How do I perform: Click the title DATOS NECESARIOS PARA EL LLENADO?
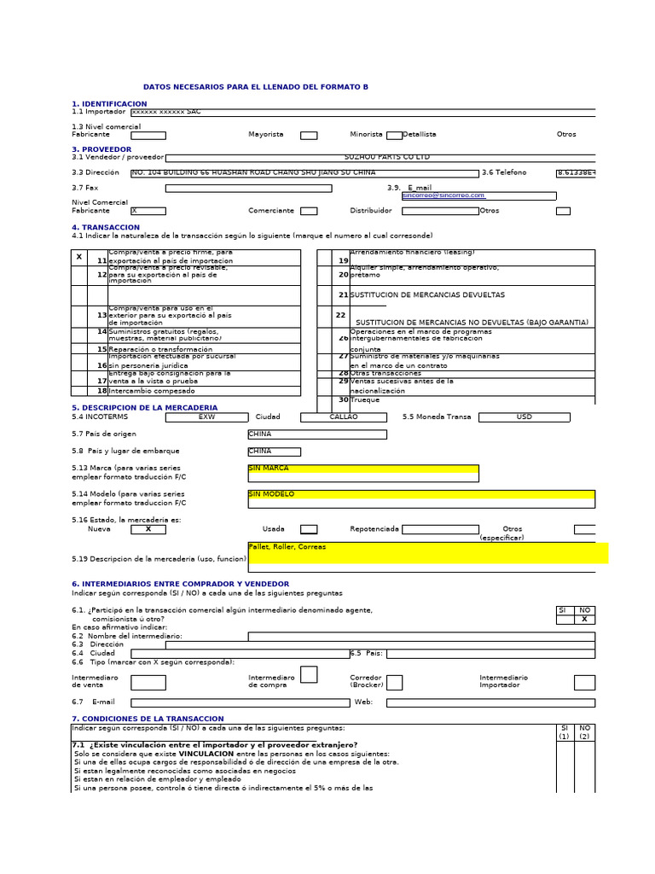256,87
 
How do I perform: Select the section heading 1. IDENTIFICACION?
109,104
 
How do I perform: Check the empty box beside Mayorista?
309,135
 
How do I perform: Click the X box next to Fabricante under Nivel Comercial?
148,211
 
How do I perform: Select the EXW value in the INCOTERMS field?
206,417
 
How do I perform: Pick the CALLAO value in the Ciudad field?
343,417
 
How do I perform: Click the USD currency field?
523,417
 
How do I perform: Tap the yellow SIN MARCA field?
362,469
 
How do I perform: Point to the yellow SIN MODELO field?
421,494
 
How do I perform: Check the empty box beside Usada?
309,529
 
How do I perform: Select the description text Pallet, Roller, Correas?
287,546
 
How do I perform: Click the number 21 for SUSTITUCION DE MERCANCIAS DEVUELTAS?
344,295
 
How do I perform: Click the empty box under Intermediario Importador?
584,682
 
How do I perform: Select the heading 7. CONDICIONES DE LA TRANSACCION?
148,720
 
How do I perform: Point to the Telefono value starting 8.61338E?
576,173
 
